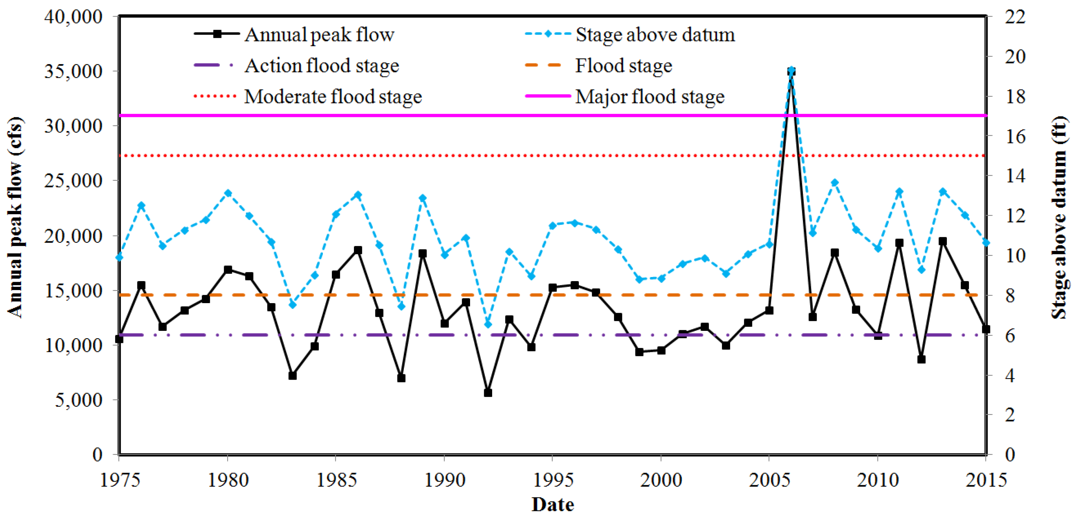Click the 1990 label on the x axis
[444, 481]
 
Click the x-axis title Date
[552, 505]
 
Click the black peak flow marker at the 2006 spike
[791, 72]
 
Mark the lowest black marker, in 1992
[487, 393]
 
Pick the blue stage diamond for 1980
[228, 193]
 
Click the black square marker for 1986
[358, 250]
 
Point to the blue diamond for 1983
[293, 304]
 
